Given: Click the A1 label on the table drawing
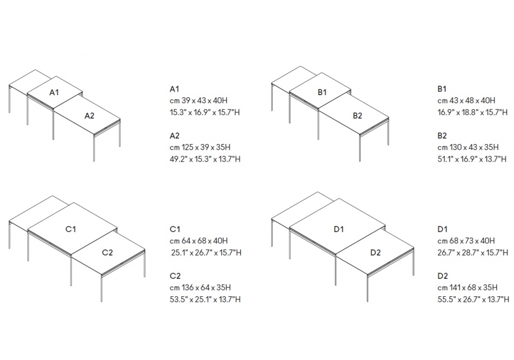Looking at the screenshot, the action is coord(54,93).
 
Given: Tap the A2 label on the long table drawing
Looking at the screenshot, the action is coord(89,116).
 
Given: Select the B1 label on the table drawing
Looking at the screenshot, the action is coord(322,93).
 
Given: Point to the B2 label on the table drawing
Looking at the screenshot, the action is coord(358,116).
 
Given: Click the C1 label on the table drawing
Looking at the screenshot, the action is coord(71,229).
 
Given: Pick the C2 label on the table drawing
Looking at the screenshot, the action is coord(107,253).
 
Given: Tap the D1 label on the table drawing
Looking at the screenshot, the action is coord(339,229).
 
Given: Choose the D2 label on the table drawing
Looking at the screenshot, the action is coord(376,253).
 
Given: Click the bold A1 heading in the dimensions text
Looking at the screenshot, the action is coord(174,89).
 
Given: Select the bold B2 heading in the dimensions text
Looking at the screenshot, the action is coord(442,135).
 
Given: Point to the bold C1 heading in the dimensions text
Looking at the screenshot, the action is coord(175,229).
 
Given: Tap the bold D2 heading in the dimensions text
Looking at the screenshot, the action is coord(443,276).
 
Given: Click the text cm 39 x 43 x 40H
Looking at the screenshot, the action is coord(198,101).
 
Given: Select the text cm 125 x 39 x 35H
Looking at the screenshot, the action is coord(200,147).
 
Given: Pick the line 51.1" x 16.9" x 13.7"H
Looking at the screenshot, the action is coord(472,159).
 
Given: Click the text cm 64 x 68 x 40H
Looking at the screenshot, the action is coord(198,241).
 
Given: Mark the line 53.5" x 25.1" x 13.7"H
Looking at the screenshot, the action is coord(205,299).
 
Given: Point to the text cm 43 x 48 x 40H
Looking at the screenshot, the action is coord(467,101).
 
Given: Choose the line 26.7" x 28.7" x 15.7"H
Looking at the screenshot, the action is coord(473,253).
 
